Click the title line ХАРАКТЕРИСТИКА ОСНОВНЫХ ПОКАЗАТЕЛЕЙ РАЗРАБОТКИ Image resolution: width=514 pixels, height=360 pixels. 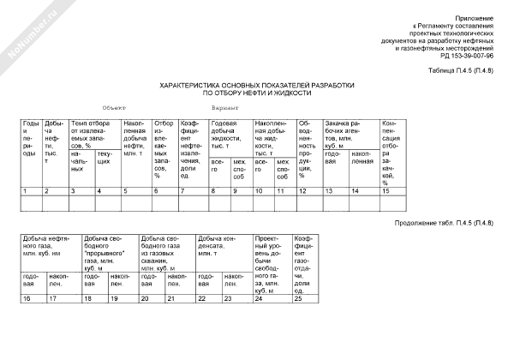tap(257, 86)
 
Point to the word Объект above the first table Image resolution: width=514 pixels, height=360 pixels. tap(113, 109)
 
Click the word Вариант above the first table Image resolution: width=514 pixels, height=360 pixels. tap(224, 109)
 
